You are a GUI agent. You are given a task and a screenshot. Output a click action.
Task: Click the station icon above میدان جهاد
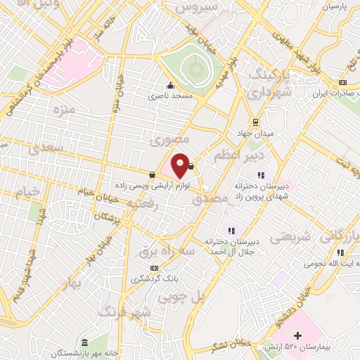256,120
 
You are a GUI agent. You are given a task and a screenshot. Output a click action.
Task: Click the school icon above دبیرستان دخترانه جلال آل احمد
230,230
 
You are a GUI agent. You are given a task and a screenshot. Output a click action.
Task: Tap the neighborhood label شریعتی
290,237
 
